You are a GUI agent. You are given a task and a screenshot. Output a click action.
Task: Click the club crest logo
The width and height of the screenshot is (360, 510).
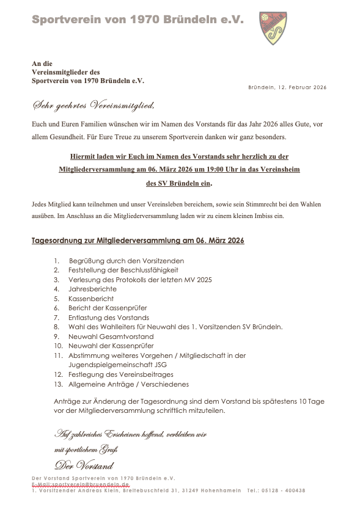coord(274,28)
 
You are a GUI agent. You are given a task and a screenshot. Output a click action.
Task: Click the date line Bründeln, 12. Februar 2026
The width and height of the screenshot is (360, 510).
coord(287,87)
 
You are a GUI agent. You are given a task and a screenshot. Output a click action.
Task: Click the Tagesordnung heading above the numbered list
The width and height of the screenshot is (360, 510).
coord(138,241)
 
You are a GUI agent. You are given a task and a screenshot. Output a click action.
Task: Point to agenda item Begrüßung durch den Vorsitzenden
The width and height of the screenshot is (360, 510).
coord(127,261)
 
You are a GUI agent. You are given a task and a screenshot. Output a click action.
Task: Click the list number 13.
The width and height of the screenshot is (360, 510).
coord(58,384)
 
